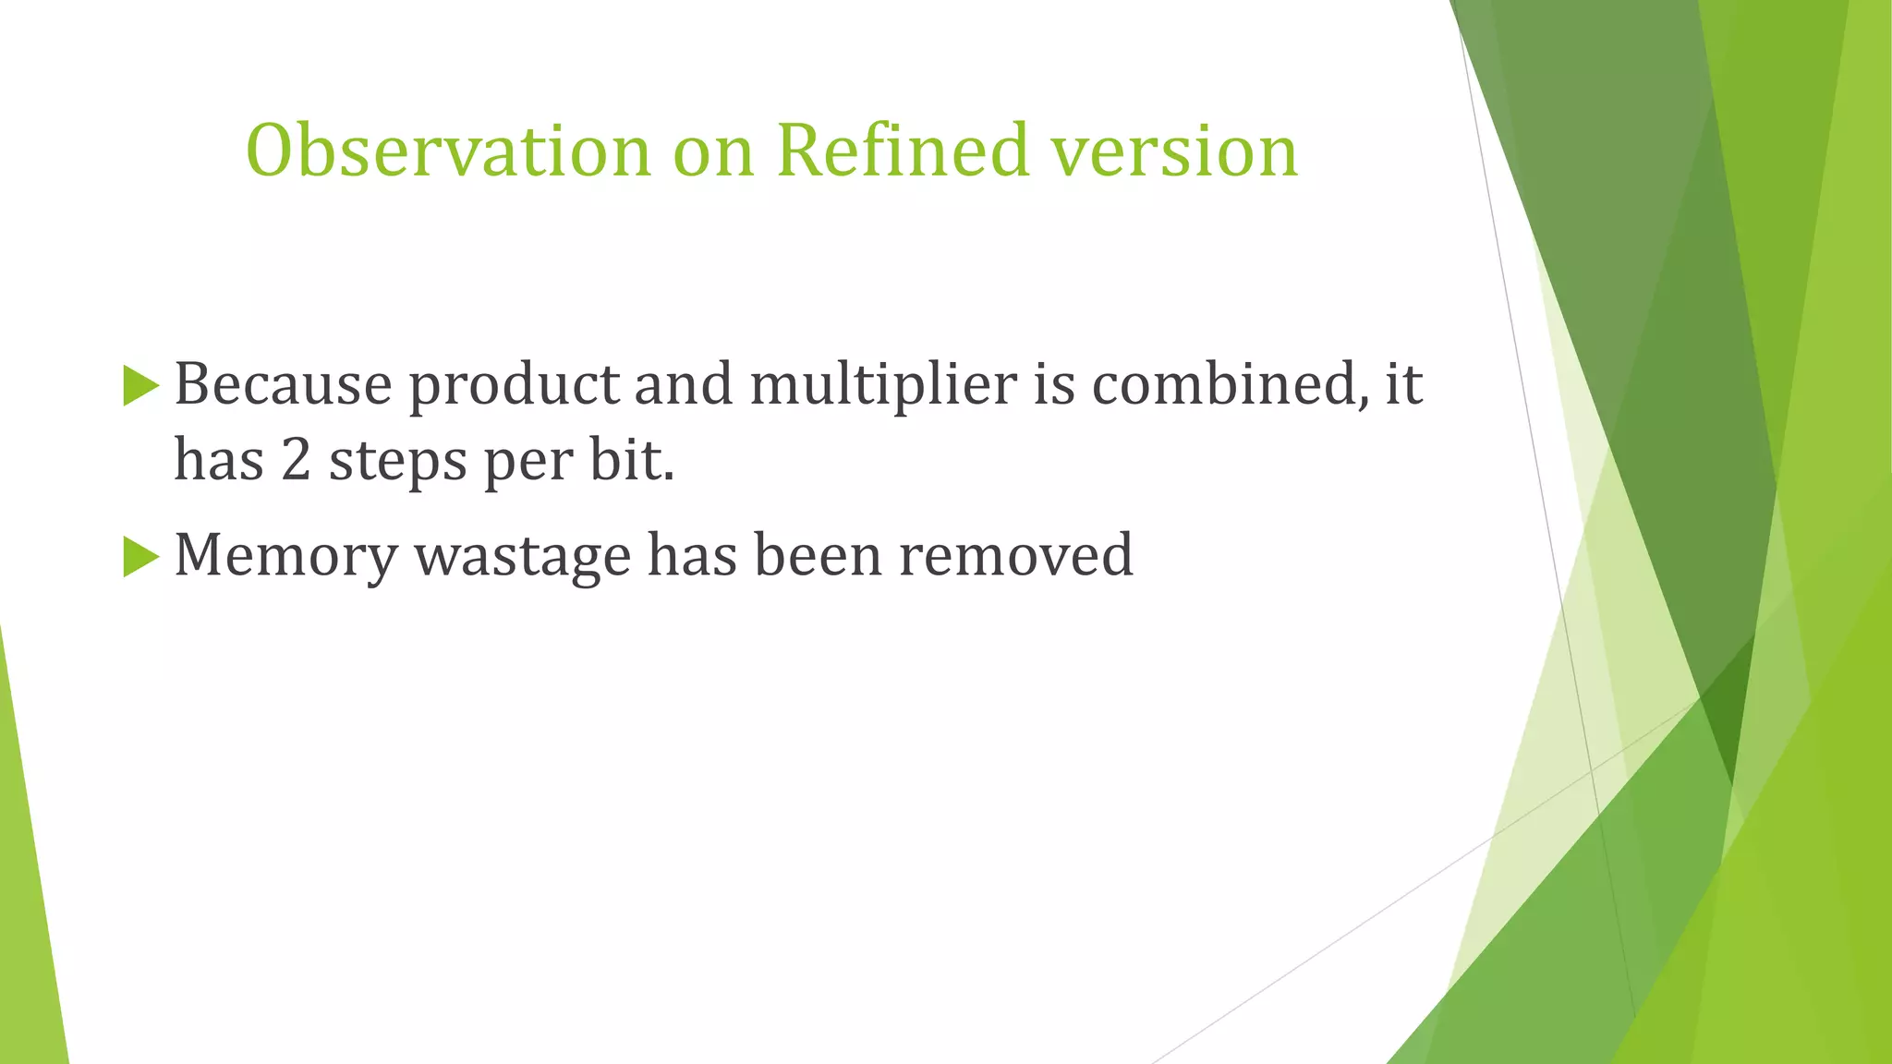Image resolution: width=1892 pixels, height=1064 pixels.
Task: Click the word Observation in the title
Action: click(x=449, y=150)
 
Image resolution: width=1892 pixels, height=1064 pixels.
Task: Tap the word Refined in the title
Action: click(x=903, y=150)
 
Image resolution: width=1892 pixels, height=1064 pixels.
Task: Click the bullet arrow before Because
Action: click(x=140, y=385)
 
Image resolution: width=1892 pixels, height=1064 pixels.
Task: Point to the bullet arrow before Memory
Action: click(x=140, y=557)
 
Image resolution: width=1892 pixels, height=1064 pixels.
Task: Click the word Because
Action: click(x=284, y=383)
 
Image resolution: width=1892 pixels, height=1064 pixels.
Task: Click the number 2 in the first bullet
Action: click(x=296, y=460)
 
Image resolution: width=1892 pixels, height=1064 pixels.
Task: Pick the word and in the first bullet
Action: click(x=684, y=383)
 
